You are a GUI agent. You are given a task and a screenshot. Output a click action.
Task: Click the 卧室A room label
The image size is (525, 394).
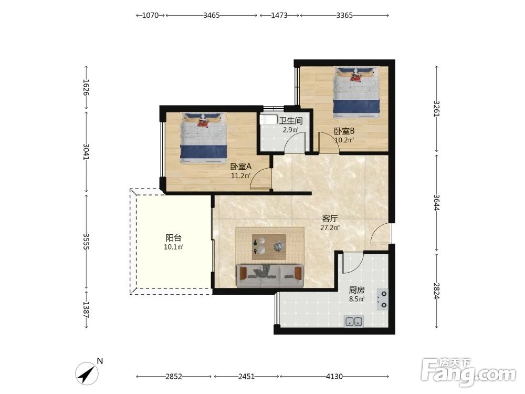coord(241,167)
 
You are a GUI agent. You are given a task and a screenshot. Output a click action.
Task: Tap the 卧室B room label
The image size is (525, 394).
coord(344,131)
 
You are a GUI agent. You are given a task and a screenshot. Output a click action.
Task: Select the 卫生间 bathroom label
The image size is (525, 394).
coord(291,121)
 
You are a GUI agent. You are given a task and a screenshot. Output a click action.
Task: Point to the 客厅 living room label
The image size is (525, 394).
coord(330,219)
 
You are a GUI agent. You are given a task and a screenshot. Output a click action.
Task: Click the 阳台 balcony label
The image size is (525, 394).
coord(173,238)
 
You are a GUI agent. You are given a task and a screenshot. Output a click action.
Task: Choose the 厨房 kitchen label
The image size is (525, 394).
coord(356,290)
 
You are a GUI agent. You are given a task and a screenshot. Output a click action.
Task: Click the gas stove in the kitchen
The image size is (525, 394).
coord(383,299)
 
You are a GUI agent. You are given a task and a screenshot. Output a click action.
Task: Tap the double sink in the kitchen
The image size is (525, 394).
coord(354,322)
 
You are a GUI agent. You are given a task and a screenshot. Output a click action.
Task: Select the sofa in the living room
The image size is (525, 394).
coord(270,276)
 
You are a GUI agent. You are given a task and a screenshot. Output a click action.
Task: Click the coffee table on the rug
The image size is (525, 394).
coord(269,247)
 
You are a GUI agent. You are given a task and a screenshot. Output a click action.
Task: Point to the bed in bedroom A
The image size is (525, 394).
coord(204,138)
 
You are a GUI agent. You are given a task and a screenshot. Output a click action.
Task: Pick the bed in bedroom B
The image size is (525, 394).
coord(357,92)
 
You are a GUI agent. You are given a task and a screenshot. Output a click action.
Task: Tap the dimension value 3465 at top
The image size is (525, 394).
coord(211,15)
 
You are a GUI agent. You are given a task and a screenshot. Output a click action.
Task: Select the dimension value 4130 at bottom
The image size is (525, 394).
coord(334,377)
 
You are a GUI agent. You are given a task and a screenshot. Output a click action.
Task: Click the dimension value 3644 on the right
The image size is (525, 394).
coord(436,203)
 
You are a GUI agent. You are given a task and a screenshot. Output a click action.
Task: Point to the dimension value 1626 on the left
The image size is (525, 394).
coord(86,87)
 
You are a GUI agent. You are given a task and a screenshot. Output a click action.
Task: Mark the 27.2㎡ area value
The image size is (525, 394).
coord(330,228)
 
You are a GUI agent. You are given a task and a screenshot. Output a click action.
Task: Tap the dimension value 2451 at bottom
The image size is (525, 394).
coord(246,377)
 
